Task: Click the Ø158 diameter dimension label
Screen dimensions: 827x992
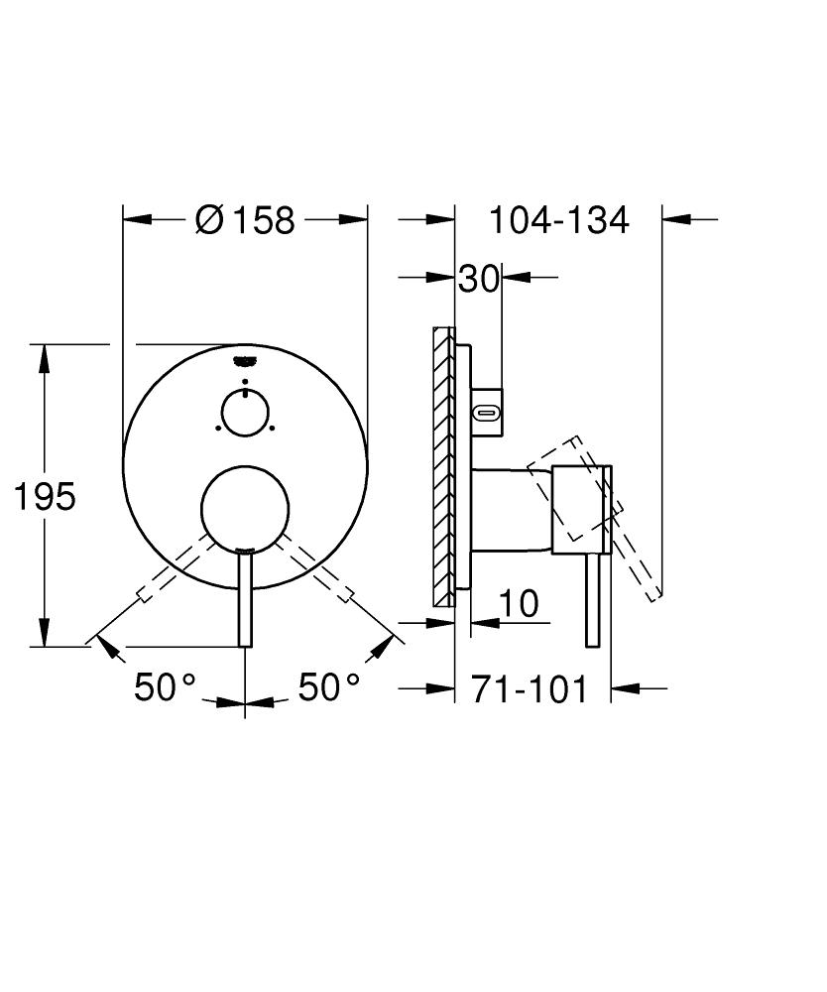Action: tap(245, 220)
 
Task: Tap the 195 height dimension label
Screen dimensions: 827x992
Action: tap(45, 496)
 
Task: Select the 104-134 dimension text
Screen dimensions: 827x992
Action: tap(559, 220)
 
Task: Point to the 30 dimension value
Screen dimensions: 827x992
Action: tap(479, 279)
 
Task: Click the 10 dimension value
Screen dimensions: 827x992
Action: tap(519, 603)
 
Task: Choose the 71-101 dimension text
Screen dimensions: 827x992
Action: tap(530, 689)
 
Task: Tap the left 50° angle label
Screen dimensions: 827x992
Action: tap(165, 686)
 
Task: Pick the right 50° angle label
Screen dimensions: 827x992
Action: tap(329, 686)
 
